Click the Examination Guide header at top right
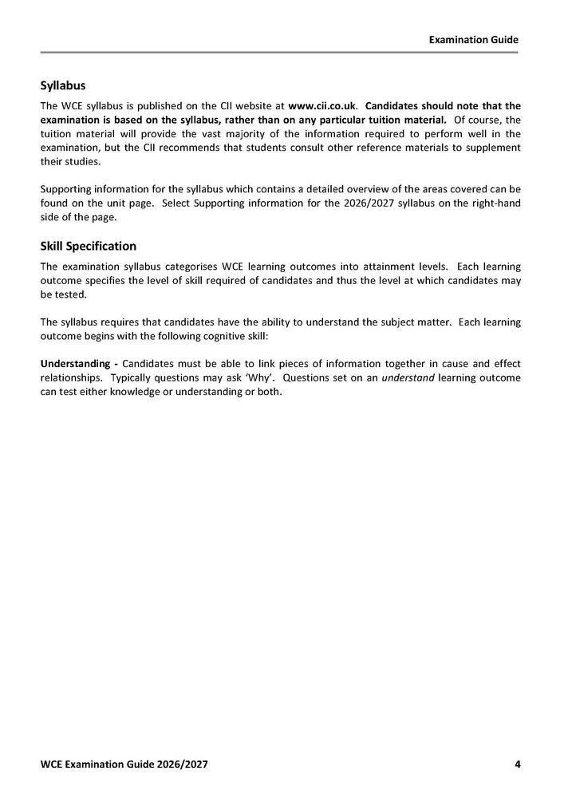[x=473, y=38]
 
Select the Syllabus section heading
[x=63, y=85]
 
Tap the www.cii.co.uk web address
[x=321, y=105]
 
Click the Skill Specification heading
[x=89, y=246]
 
